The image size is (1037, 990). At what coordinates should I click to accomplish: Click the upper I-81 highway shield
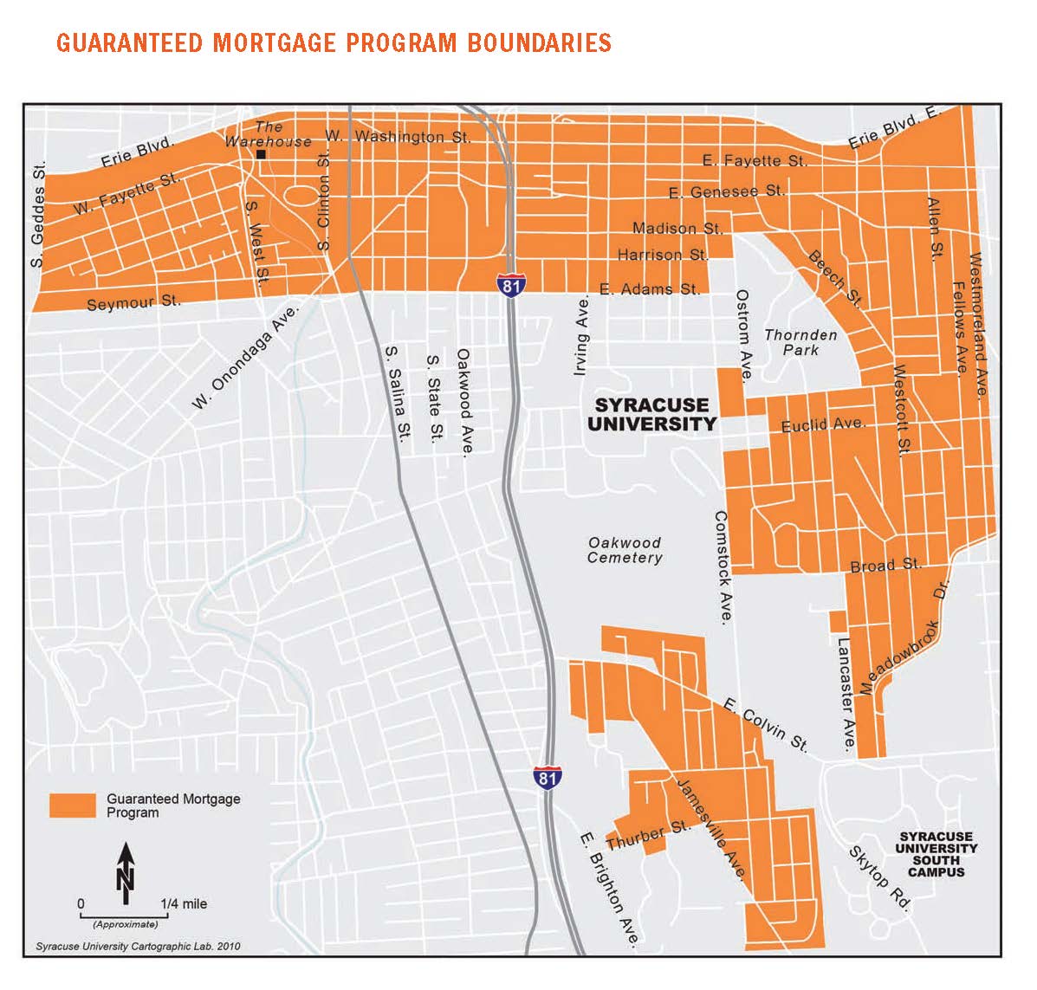point(511,285)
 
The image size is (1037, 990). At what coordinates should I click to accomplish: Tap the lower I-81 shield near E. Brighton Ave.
point(546,777)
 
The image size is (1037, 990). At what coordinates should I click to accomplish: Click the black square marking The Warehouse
point(261,155)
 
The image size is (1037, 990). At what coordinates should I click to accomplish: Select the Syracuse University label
point(651,414)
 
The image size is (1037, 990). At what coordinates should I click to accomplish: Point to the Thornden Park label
point(800,342)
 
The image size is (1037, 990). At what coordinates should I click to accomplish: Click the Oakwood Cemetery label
point(625,550)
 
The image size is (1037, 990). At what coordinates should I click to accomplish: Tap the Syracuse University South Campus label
point(936,854)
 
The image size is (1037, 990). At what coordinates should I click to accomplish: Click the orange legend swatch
point(73,806)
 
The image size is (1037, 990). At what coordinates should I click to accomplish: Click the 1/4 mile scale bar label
point(184,903)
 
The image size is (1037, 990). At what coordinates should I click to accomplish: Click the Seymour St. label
point(133,302)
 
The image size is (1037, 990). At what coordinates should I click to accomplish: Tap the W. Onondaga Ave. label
point(245,356)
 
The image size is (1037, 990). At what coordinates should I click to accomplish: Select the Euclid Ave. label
point(823,425)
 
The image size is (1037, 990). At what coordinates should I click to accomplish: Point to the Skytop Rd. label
point(879,878)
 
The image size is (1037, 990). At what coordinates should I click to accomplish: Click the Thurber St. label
point(649,835)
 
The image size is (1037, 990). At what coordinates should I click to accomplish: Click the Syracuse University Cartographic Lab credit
point(138,947)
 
